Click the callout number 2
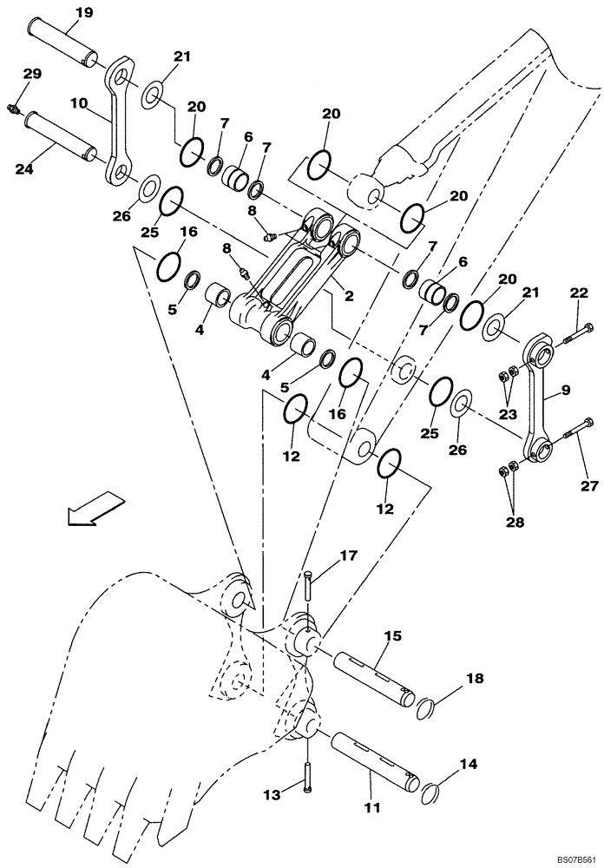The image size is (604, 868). click(349, 295)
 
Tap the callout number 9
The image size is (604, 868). click(565, 391)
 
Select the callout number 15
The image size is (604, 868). click(392, 637)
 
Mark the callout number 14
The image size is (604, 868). click(469, 765)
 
